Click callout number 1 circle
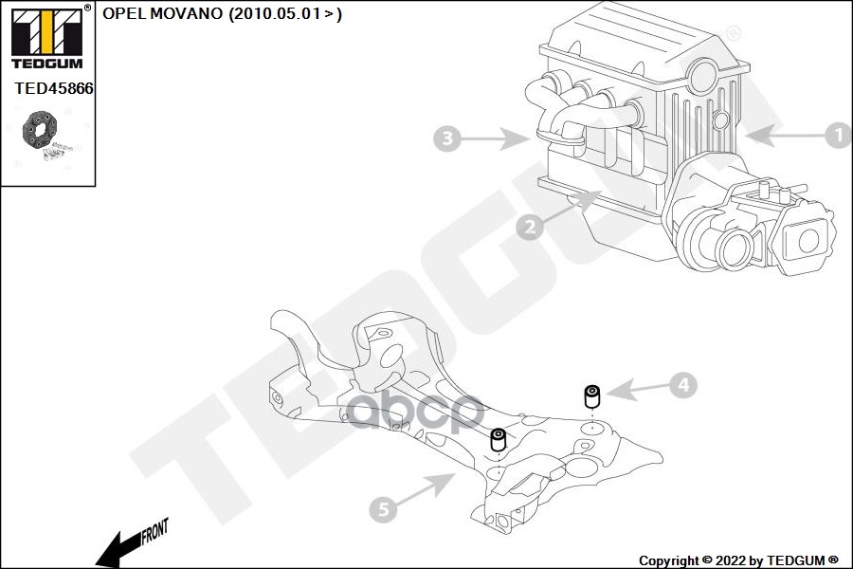[x=839, y=135]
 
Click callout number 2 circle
[x=529, y=226]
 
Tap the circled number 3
[x=447, y=138]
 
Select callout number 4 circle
[x=683, y=386]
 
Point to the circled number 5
[x=383, y=509]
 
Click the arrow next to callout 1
[x=785, y=135]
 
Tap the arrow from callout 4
[x=638, y=389]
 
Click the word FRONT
[x=155, y=531]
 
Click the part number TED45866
[x=53, y=88]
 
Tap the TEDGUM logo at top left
[x=47, y=38]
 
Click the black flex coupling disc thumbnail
[x=39, y=129]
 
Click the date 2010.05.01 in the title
[x=275, y=13]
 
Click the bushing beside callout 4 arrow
[x=591, y=396]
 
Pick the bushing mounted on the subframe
[x=499, y=440]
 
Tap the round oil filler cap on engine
[x=703, y=76]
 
